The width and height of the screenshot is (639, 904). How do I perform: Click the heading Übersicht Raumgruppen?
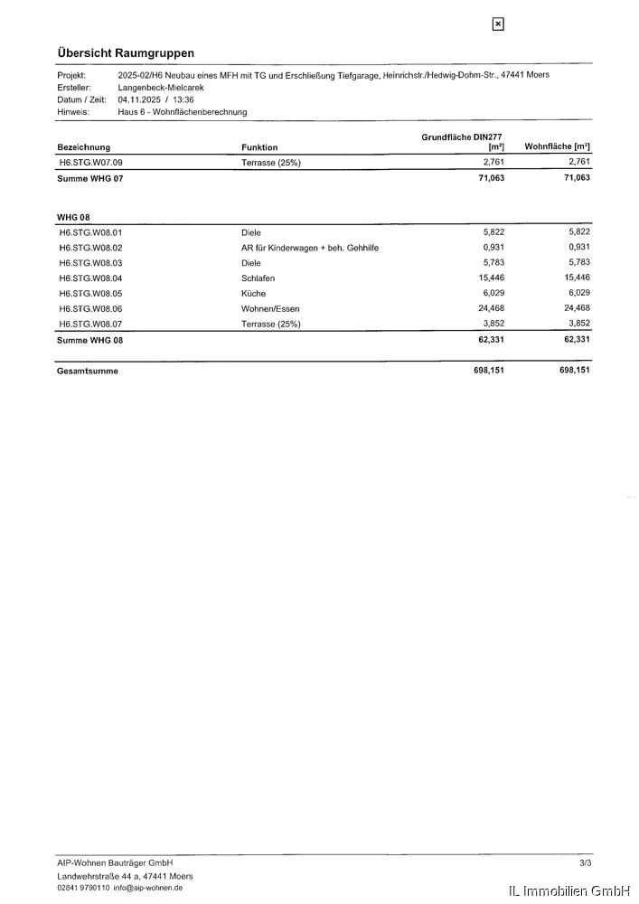(126, 53)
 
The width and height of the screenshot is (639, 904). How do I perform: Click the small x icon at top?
(497, 24)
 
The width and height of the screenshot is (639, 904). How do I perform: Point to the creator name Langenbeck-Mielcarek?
(161, 88)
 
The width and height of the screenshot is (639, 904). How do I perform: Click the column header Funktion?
(259, 147)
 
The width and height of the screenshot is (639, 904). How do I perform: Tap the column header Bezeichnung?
(84, 147)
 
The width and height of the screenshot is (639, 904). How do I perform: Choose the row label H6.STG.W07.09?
(89, 163)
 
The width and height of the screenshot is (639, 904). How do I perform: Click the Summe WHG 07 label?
(89, 179)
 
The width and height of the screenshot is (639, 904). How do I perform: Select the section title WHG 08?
(73, 217)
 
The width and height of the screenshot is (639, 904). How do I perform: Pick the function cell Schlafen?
(258, 278)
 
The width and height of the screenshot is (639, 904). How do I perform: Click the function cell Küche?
(253, 294)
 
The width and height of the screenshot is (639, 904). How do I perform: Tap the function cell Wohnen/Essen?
(270, 309)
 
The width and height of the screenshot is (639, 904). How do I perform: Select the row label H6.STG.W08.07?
(90, 325)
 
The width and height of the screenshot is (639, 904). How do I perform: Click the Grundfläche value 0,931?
(493, 248)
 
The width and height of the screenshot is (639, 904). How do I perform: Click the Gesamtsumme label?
(87, 372)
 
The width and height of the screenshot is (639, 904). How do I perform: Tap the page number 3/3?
(585, 864)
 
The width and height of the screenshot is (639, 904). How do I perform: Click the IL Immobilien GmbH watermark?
(569, 892)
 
